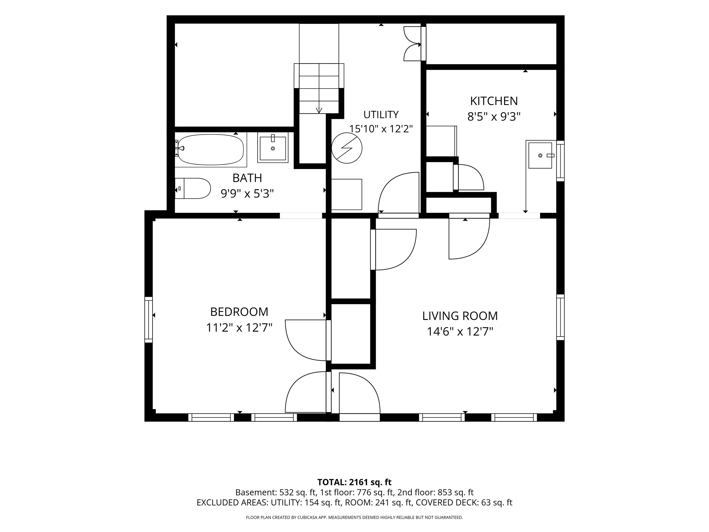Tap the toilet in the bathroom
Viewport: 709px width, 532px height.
(192, 188)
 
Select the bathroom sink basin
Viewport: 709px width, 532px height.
(273, 148)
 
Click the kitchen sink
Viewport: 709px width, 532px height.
(540, 156)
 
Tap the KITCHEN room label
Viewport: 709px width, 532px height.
(494, 101)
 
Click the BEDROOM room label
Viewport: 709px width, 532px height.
(239, 312)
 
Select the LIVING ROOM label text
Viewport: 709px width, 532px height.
(460, 316)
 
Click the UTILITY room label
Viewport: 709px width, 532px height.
(381, 115)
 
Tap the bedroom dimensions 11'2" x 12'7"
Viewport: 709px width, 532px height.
(239, 328)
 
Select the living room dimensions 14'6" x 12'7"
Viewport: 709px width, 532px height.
(460, 331)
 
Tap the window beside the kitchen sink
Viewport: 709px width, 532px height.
(560, 161)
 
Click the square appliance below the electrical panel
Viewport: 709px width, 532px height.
(346, 195)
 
